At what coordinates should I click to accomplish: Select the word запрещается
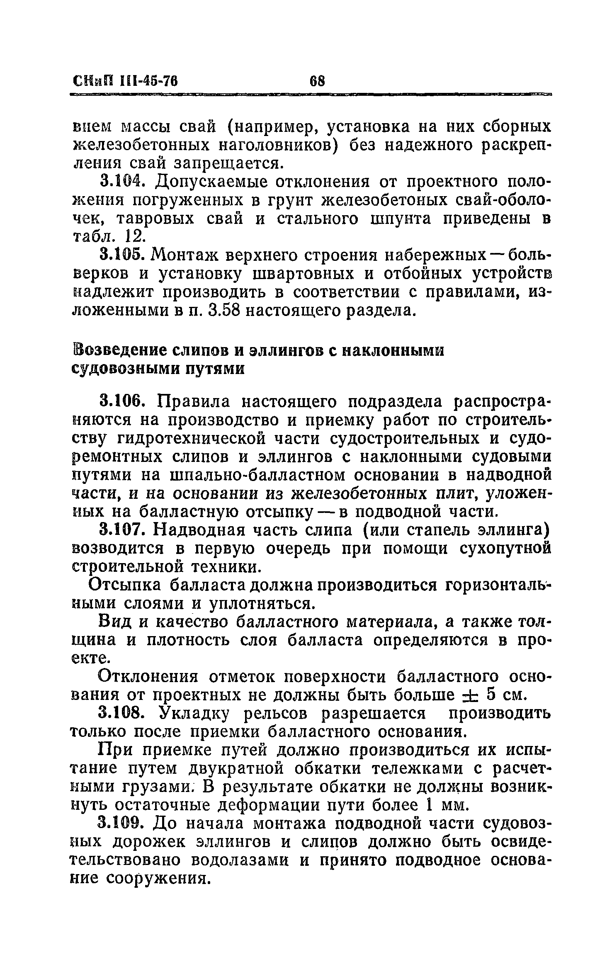point(228,163)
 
